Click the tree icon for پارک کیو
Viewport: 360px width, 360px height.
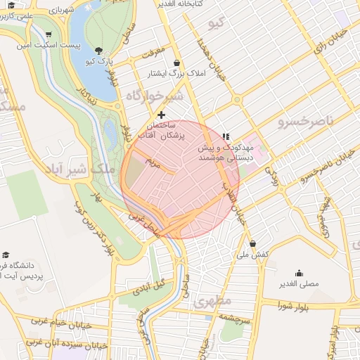98,51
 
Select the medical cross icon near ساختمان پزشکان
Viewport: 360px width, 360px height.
162,114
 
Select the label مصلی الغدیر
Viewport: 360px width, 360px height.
300,285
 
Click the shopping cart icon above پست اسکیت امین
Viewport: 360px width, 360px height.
48,34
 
